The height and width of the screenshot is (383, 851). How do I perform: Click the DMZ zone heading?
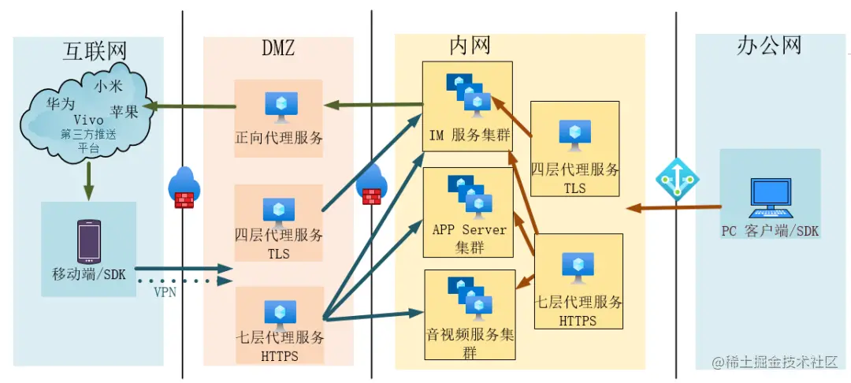click(x=278, y=49)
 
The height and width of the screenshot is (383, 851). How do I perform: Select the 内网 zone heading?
click(x=470, y=45)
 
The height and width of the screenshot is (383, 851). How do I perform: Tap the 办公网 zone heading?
click(x=769, y=46)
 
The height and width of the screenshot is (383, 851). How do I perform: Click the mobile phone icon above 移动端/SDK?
click(x=88, y=241)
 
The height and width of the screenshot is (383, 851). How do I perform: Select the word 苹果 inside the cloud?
click(x=124, y=112)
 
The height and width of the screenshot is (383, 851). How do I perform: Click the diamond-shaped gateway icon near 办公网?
click(x=675, y=178)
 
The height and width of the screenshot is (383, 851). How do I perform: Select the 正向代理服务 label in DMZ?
click(x=279, y=138)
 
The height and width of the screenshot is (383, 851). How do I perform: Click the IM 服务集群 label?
click(x=469, y=135)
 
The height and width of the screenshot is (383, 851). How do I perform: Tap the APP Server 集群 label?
click(x=468, y=238)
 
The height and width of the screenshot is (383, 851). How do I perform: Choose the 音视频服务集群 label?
click(x=470, y=343)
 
